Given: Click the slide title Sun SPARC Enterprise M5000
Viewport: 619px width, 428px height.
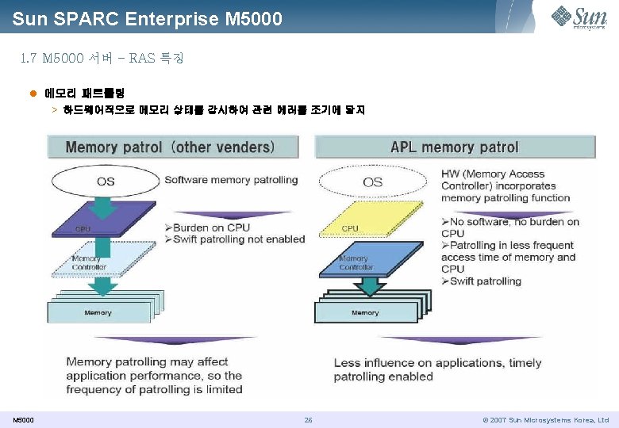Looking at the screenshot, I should coord(148,18).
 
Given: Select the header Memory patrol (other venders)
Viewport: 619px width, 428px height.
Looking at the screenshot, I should coord(171,147).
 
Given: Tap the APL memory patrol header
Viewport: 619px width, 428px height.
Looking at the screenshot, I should coord(454,147).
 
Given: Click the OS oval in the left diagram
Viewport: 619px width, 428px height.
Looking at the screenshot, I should coord(106,181).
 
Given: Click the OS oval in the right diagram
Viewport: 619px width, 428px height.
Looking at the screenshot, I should coord(372,182).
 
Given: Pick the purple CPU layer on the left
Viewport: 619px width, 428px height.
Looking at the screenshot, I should coord(103,226).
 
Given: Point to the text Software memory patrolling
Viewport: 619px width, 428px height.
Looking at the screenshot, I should coord(231,180).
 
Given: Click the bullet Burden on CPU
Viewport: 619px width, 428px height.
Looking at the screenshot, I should coord(208,227).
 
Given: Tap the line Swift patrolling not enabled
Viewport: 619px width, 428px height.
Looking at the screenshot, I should coord(235,239).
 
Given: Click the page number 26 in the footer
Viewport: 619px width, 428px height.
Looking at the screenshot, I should coord(308,420).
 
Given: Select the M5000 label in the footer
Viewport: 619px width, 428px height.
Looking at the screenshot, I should coord(23,420).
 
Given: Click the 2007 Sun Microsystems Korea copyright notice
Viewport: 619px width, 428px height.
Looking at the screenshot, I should coord(546,420).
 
